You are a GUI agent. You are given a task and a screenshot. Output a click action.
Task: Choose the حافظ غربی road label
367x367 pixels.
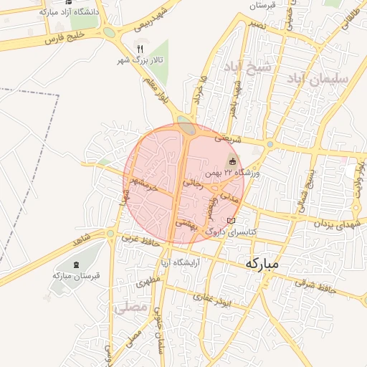(x=140, y=241)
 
